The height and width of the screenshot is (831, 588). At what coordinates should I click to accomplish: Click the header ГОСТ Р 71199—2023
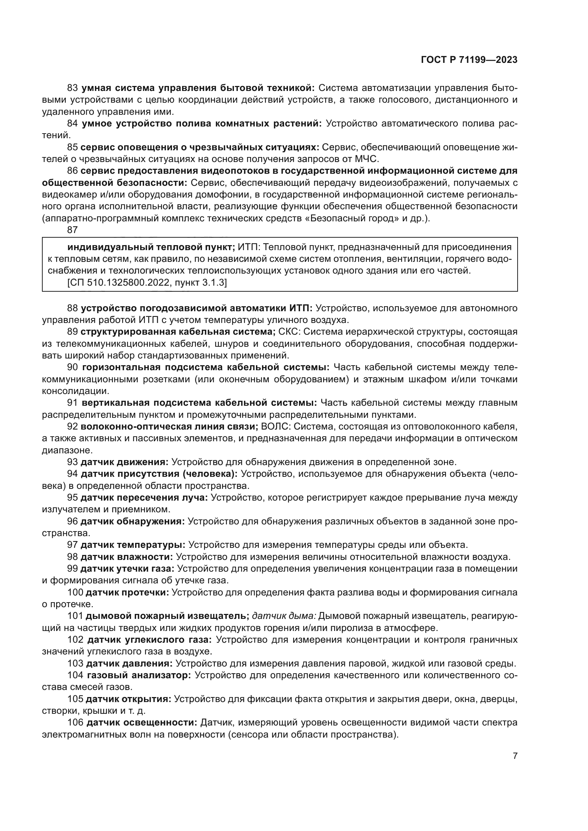tap(469, 60)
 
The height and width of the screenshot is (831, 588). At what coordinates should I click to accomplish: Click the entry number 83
tap(73, 88)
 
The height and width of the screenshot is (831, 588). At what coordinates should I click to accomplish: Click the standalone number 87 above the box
tap(73, 230)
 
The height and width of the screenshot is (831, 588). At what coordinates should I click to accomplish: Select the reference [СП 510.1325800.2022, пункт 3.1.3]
tap(147, 283)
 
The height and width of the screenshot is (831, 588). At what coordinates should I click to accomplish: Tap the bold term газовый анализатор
tap(139, 675)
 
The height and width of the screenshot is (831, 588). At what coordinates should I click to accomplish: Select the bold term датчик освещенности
tap(142, 723)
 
